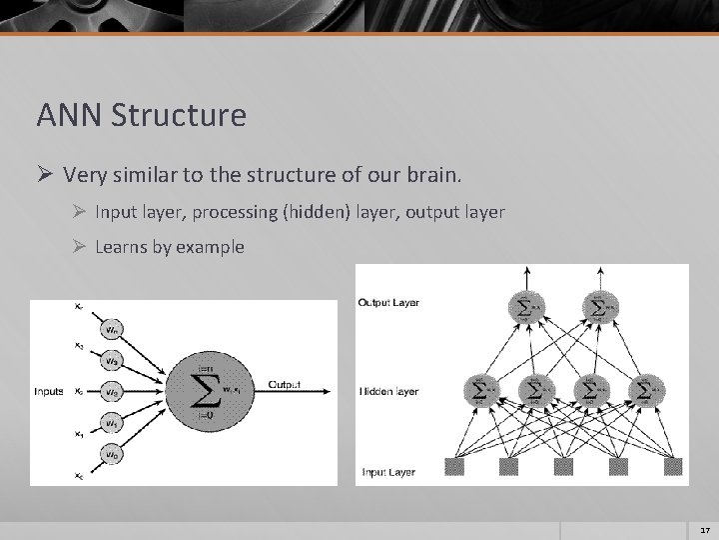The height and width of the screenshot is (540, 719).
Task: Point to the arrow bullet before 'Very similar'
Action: click(x=45, y=176)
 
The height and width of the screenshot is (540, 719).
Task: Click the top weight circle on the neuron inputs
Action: click(x=114, y=328)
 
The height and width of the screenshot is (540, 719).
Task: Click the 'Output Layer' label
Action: click(x=387, y=302)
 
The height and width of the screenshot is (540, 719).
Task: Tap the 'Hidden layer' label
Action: click(x=387, y=391)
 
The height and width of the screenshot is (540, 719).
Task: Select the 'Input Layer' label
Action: click(x=387, y=471)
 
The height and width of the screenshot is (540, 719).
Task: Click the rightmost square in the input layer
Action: click(x=672, y=466)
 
